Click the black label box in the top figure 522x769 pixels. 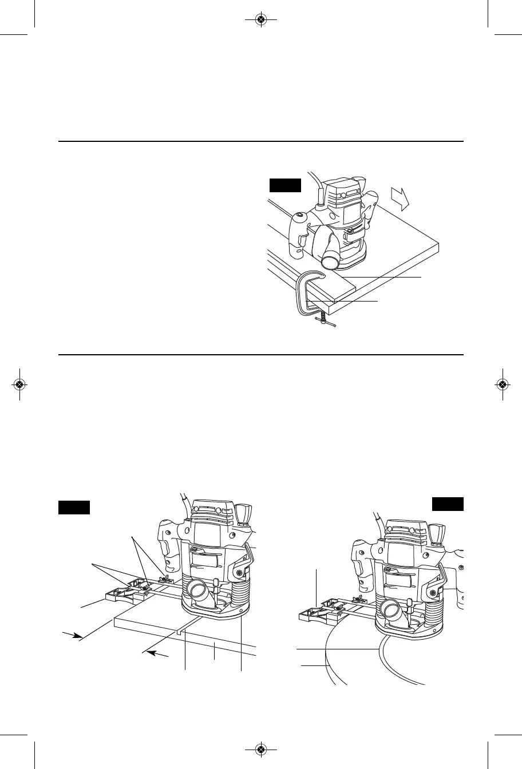click(285, 185)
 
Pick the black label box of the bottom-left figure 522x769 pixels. click(74, 507)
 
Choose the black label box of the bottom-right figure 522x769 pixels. click(448, 504)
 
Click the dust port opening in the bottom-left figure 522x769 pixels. click(197, 589)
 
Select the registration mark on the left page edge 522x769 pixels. click(20, 384)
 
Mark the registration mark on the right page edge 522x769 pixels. click(502, 384)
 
